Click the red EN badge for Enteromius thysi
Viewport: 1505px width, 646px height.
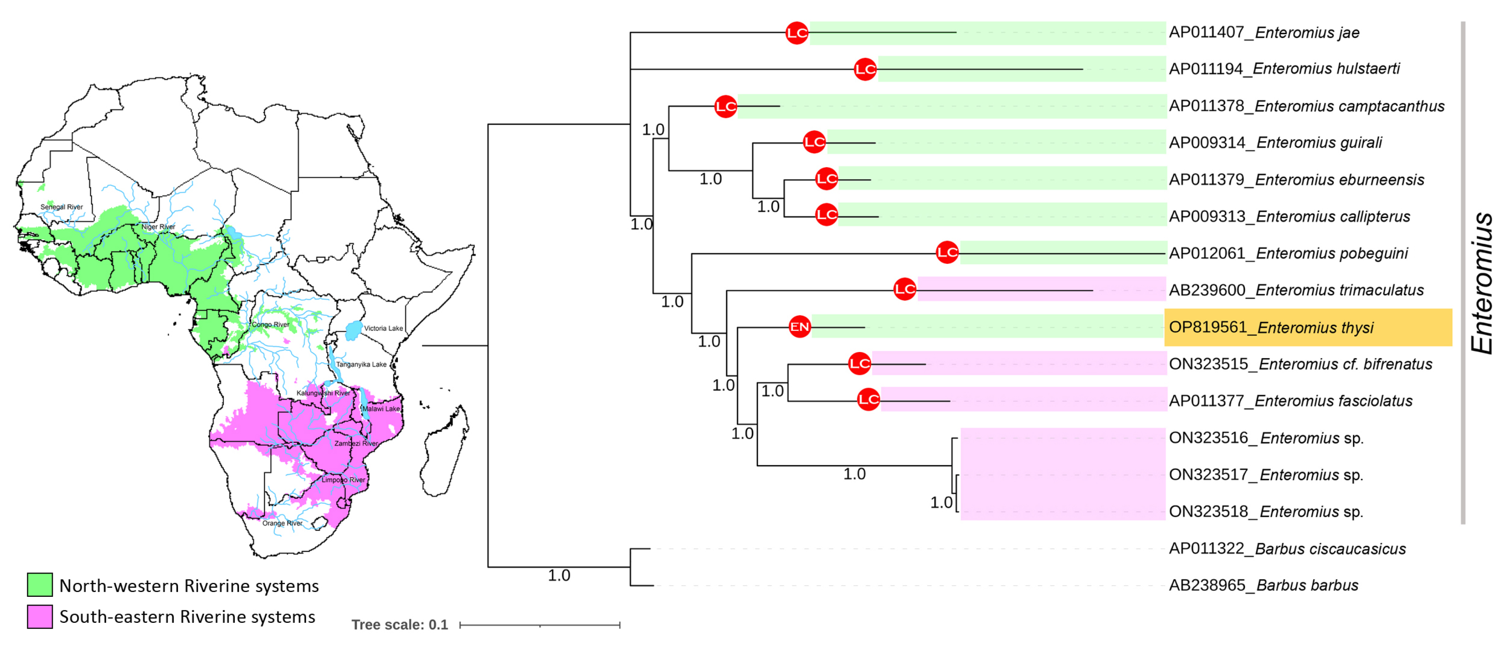[x=799, y=327]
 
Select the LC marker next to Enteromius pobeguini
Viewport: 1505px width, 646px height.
[x=947, y=252]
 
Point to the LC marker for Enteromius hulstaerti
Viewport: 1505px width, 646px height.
[x=865, y=70]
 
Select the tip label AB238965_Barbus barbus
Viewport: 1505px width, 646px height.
[x=1263, y=585]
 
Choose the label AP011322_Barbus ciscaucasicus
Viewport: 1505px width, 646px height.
[x=1287, y=548]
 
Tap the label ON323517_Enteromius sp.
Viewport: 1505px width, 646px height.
[x=1266, y=475]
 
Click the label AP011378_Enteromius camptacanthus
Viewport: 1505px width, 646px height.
[x=1306, y=106]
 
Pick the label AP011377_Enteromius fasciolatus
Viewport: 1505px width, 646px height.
[x=1290, y=401]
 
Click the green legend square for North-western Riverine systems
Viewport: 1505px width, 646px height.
[x=40, y=585]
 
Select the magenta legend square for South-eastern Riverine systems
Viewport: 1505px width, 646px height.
[x=40, y=616]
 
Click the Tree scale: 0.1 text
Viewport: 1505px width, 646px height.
[x=400, y=624]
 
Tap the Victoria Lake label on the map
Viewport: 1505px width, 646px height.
[x=383, y=328]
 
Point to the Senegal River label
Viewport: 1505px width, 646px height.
[x=61, y=207]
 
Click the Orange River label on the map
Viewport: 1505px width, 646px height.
[x=282, y=523]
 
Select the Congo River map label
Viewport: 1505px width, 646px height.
[x=271, y=324]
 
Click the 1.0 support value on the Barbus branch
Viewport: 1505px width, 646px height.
[x=558, y=575]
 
